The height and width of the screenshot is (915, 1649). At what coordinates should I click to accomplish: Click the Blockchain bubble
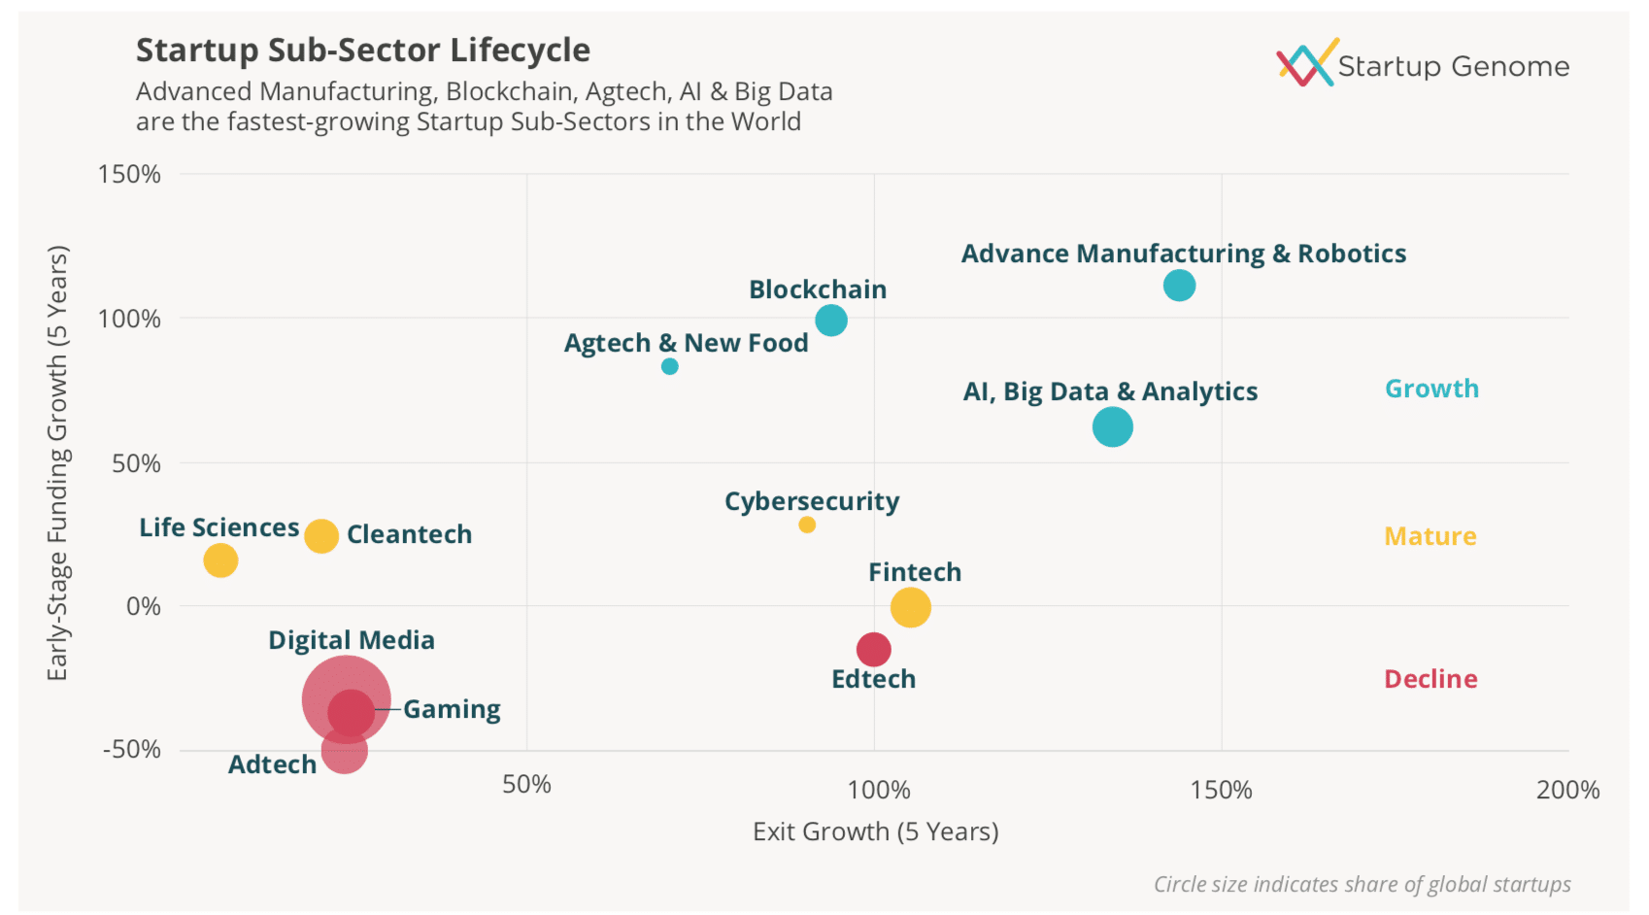pos(830,320)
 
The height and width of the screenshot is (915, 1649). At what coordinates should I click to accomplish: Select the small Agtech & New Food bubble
pos(669,366)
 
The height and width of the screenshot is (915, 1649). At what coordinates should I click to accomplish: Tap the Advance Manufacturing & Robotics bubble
pos(1178,286)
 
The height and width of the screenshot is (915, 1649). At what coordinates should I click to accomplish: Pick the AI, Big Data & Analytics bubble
pos(1112,426)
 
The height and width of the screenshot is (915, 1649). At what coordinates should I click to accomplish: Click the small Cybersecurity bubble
pos(806,525)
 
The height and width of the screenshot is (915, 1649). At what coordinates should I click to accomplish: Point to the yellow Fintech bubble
pos(910,607)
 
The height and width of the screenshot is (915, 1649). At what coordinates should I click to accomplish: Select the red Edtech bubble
pos(873,649)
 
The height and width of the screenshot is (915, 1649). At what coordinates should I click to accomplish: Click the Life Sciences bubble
pos(220,560)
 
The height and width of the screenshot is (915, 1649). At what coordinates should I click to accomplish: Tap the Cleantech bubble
pos(320,535)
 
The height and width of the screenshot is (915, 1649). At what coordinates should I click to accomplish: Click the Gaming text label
pos(452,709)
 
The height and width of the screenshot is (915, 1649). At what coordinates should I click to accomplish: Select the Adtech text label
pos(272,764)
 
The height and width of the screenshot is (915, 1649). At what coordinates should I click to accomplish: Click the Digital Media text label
pos(351,640)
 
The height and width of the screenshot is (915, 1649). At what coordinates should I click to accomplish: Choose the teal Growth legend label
pos(1430,389)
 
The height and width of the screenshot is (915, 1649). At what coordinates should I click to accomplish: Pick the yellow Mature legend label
pos(1430,536)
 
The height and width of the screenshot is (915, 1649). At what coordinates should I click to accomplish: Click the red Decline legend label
pos(1430,679)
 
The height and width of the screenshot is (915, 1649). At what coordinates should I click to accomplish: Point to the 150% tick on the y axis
pos(129,175)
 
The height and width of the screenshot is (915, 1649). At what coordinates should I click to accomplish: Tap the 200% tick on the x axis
pos(1566,790)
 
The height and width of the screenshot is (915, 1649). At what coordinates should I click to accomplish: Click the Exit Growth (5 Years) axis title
pos(875,831)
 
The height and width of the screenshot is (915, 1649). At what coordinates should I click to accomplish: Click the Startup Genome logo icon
pos(1306,63)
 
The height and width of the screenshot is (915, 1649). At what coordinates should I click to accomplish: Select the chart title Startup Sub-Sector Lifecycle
pos(362,50)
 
